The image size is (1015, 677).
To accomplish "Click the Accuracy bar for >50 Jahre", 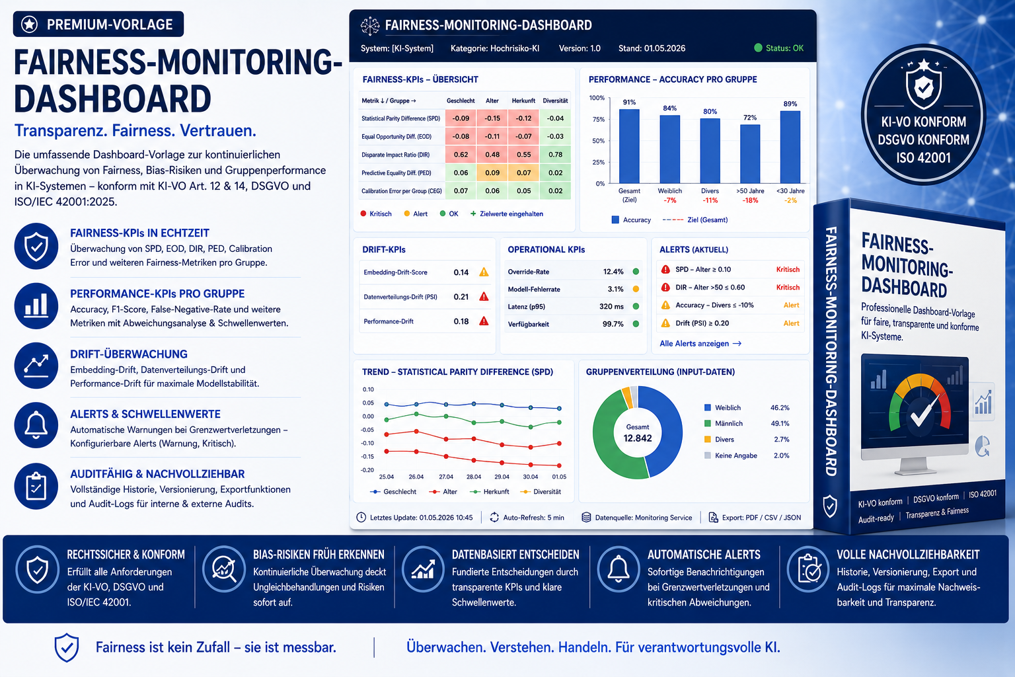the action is click(750, 154).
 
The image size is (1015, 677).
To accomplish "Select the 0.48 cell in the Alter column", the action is click(492, 155).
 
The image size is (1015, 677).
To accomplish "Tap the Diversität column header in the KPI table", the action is click(555, 100).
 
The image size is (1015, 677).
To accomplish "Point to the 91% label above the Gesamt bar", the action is click(629, 102).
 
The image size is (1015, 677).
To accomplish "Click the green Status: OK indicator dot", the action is click(758, 48).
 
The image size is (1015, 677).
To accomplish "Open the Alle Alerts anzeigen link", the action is click(700, 343).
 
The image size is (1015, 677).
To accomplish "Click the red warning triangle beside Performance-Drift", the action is click(484, 321).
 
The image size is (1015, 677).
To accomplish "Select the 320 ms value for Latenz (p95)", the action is click(611, 307).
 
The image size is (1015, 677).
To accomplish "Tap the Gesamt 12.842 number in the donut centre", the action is click(638, 438).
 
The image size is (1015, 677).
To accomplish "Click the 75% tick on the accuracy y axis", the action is click(599, 119).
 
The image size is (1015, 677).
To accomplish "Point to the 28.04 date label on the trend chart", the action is click(474, 477).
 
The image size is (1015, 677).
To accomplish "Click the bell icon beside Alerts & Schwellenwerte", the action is click(36, 425).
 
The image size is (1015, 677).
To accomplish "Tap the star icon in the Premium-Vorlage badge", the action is click(30, 24).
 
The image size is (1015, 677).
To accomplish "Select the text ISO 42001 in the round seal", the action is click(923, 158).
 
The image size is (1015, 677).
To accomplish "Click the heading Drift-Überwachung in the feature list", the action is click(129, 354).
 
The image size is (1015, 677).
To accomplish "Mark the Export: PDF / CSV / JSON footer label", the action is click(761, 518).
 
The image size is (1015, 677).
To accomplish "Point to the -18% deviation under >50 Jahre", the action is click(750, 200).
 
